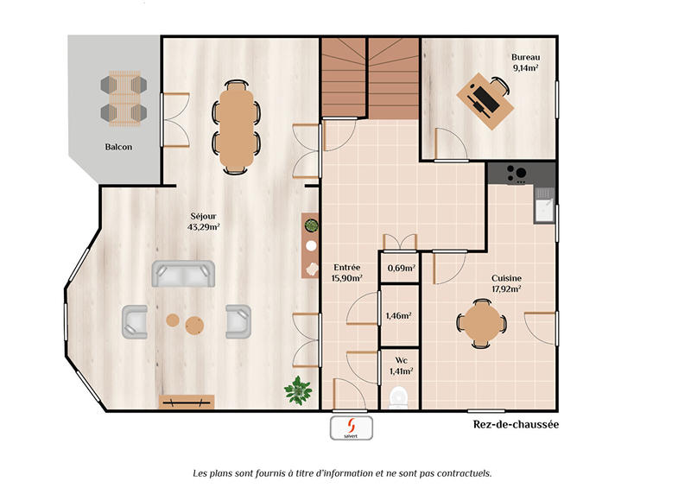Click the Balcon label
tap(119, 147)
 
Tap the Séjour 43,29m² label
tap(203, 222)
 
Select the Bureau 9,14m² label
tap(525, 62)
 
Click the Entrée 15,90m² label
tap(346, 273)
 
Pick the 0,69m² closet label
tap(401, 268)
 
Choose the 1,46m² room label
tap(399, 316)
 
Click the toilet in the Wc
tap(399, 396)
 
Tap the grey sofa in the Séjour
tap(183, 274)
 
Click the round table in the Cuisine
tap(483, 323)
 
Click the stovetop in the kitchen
tap(517, 173)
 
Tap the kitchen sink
tap(544, 208)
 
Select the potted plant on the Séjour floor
tap(298, 390)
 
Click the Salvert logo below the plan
tap(351, 428)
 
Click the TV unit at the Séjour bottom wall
tap(187, 401)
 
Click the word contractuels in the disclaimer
tap(462, 473)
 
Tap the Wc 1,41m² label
tap(401, 366)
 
